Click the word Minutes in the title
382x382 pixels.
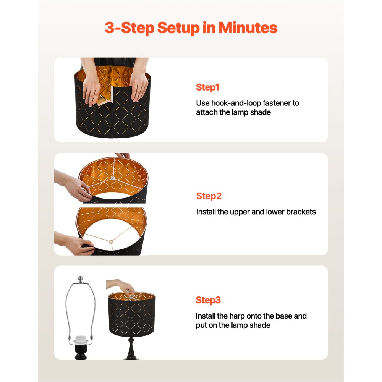point(248,28)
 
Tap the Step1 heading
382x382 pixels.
point(207,87)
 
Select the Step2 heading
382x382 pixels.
point(209,196)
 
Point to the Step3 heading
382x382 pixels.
point(208,300)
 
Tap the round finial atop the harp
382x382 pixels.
point(80,279)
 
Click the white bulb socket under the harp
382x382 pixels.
point(81,339)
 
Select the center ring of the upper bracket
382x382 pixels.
point(113,178)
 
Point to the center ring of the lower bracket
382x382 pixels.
point(111,242)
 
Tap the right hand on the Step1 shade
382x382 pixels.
point(139,85)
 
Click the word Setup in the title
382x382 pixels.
point(178,28)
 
